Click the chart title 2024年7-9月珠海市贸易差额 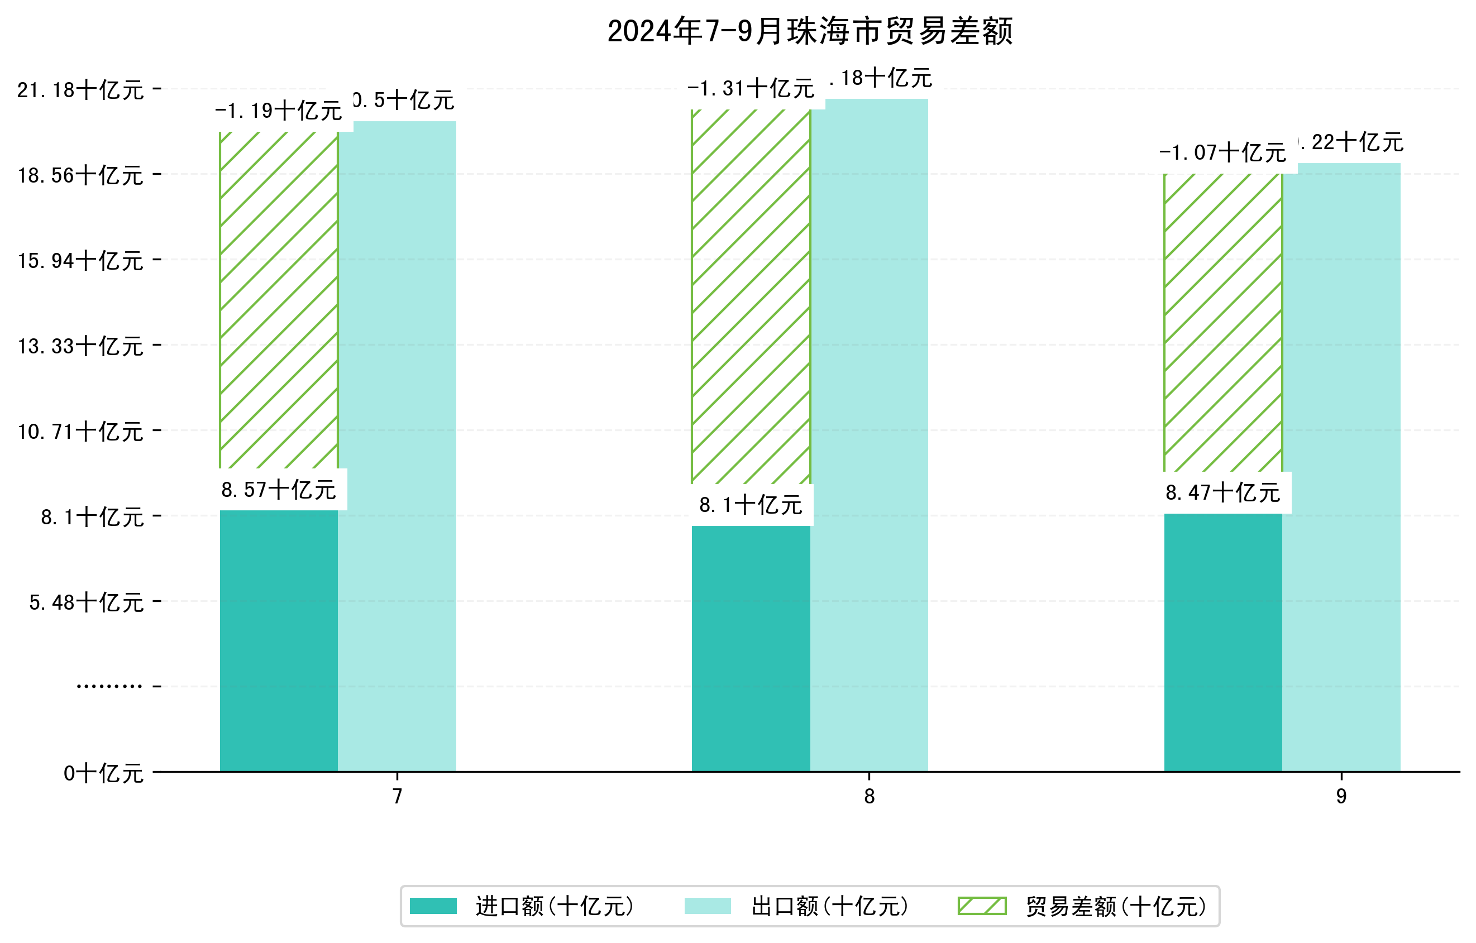(x=810, y=31)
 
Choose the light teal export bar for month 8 (x=869, y=435)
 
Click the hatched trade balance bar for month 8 (x=751, y=296)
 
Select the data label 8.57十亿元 (x=279, y=490)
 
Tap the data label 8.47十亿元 (x=1223, y=492)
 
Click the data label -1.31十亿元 (x=751, y=89)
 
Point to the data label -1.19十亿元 (x=279, y=111)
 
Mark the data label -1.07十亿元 (x=1223, y=152)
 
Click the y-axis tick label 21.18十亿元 (x=80, y=90)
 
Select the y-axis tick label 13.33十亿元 (x=80, y=346)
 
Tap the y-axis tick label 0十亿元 (x=103, y=773)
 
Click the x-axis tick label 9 (x=1341, y=797)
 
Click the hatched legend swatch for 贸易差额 (x=982, y=906)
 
